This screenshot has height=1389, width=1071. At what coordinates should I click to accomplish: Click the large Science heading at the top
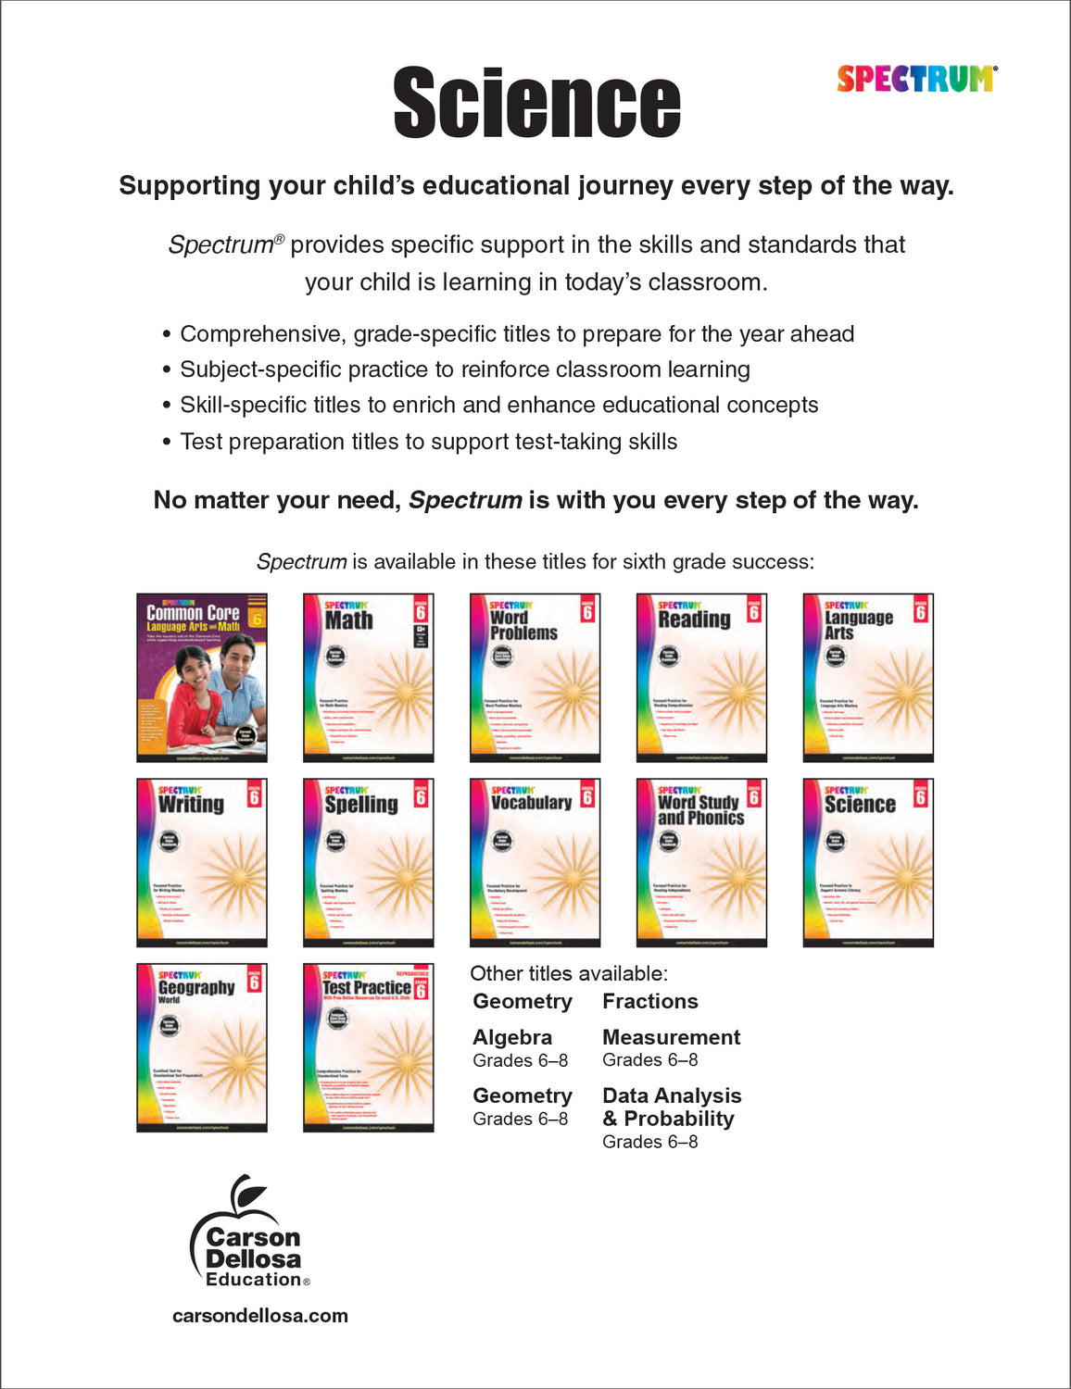tap(536, 103)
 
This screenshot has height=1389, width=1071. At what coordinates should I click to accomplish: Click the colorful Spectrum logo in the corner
tap(916, 79)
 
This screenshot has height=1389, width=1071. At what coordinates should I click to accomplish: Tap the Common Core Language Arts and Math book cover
tap(202, 677)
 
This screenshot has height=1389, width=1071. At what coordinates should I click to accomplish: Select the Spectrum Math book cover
tap(369, 677)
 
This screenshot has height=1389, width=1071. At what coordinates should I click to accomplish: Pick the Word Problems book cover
tap(535, 677)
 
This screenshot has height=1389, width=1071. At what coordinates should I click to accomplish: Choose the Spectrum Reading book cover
tap(701, 677)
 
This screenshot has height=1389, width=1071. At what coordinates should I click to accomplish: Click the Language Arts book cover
tap(868, 677)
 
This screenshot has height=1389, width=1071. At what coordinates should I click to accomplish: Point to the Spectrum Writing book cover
tap(202, 862)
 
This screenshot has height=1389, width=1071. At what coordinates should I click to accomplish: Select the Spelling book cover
tap(369, 862)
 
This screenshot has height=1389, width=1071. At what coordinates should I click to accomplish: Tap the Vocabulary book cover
tap(535, 862)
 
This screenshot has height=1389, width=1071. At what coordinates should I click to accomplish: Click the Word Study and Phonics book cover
tap(701, 862)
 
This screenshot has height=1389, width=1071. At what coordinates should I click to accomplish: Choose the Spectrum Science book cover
tap(868, 862)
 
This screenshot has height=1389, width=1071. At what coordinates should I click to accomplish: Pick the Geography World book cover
tap(202, 1047)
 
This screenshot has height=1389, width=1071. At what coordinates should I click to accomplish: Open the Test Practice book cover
tap(369, 1047)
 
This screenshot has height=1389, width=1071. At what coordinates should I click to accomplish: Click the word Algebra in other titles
tap(512, 1037)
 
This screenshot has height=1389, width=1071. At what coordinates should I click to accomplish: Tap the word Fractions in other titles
tap(649, 1001)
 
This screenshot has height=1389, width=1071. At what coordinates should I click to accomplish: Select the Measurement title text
tap(671, 1037)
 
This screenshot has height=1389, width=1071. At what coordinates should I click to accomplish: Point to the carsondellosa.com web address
tap(260, 1316)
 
